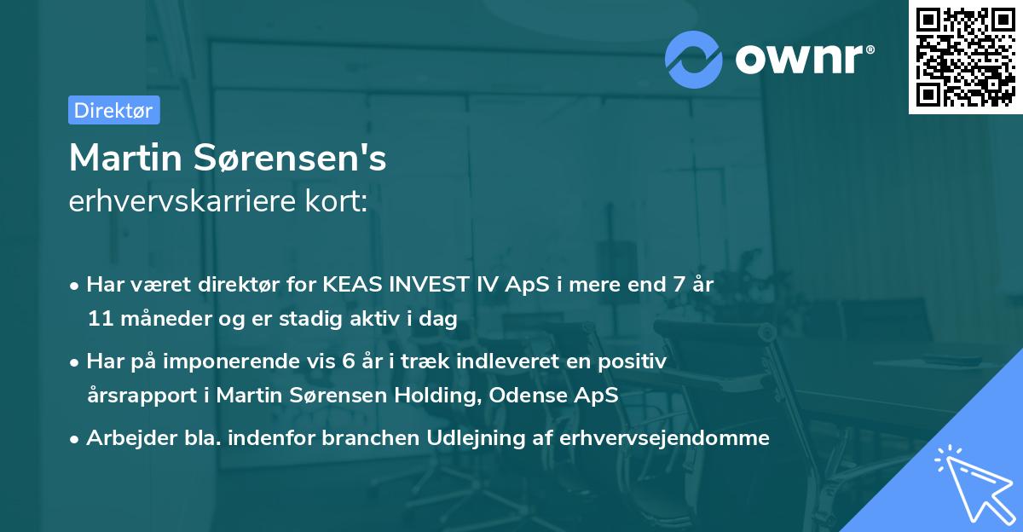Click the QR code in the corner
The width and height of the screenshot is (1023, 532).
pyautogui.click(x=966, y=57)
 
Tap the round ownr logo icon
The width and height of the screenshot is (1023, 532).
pyautogui.click(x=694, y=60)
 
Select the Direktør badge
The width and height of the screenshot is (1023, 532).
pyautogui.click(x=113, y=110)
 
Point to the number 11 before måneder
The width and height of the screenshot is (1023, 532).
pyautogui.click(x=98, y=320)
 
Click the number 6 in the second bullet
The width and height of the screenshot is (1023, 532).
pyautogui.click(x=347, y=361)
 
